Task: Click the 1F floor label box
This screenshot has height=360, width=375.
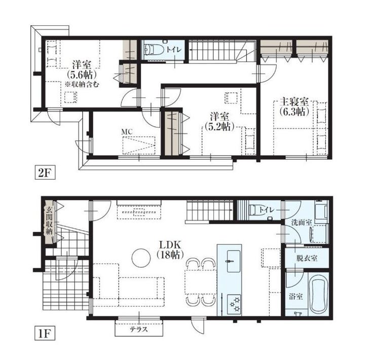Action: coord(45,333)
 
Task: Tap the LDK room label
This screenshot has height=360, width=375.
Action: coord(170,245)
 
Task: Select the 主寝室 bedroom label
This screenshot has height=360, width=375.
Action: coord(294,102)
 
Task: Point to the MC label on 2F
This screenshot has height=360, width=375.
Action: coord(127,132)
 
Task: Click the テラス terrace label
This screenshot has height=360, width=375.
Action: coord(139,330)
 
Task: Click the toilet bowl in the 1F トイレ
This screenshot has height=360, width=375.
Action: coord(254,210)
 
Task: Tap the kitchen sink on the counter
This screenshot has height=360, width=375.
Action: coord(234,261)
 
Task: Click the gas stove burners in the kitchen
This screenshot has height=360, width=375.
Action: coord(234,305)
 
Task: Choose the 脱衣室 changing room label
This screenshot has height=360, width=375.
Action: coord(307,258)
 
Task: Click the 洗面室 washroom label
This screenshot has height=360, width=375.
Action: coord(302,223)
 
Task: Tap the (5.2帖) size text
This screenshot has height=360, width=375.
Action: coord(219,127)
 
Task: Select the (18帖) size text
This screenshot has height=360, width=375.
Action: coord(170,255)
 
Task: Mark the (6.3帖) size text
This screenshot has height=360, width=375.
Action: coord(294,112)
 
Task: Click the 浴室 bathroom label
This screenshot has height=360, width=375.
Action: coord(296,297)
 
